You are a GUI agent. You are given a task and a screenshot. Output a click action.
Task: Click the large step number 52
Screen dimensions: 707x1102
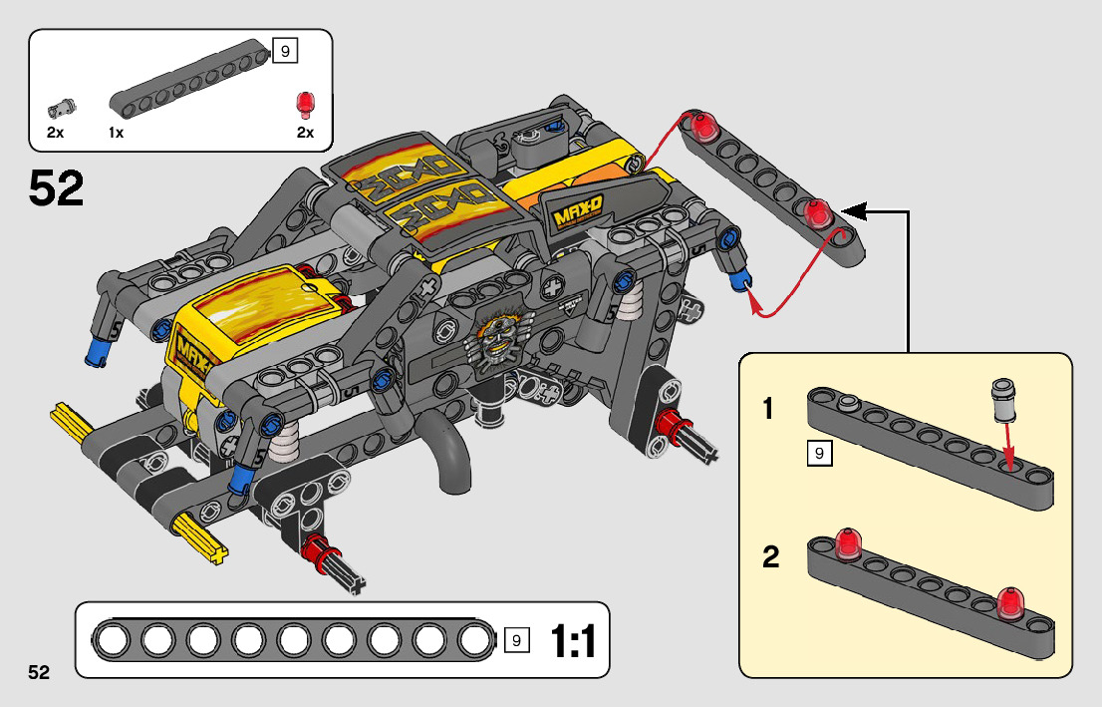pos(57,188)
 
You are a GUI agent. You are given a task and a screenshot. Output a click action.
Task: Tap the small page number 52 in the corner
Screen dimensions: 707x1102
pos(39,672)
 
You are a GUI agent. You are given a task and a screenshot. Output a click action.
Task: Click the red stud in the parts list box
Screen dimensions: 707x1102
pos(305,103)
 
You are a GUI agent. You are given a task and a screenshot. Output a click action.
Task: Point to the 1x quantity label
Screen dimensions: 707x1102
pos(117,133)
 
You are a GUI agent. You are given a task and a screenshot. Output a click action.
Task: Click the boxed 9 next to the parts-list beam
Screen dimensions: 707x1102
pos(285,52)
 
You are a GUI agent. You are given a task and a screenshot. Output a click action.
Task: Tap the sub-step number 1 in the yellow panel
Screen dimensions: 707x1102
pos(768,409)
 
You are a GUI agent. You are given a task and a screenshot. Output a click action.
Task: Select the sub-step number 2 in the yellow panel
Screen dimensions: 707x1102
pos(770,557)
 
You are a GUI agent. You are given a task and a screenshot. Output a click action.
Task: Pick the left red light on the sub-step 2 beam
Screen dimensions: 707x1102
pos(850,541)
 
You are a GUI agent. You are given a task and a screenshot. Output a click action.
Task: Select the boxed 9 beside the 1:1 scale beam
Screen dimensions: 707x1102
pos(516,639)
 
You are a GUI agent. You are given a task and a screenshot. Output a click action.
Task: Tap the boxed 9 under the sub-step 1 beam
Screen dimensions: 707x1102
pos(818,455)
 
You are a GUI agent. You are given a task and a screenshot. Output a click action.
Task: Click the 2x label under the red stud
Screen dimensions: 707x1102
pos(305,133)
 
